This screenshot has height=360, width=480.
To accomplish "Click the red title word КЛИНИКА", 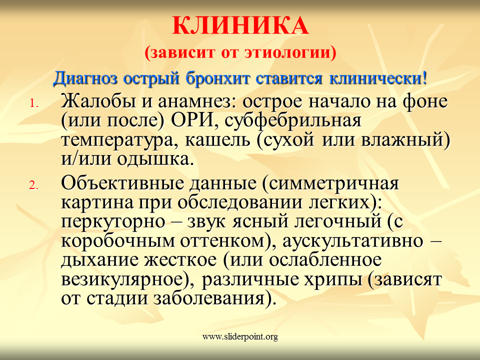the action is [x=240, y=25].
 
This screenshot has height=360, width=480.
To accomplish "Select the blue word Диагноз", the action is [x=85, y=78].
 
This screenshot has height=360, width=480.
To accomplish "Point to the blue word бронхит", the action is [x=218, y=78].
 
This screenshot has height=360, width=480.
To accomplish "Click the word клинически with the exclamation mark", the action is [x=378, y=78].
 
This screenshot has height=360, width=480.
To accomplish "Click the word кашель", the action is [x=217, y=140].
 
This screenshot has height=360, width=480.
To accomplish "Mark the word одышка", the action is [x=156, y=159].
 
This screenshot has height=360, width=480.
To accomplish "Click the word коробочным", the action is [x=118, y=241].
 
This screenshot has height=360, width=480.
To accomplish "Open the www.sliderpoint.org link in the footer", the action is [x=240, y=337].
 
